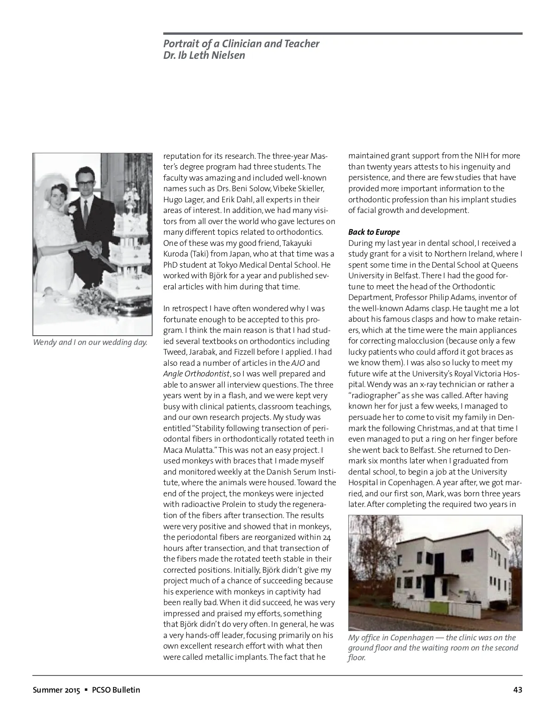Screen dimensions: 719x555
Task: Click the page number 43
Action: click(518, 690)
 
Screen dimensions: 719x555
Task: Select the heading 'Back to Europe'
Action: click(374, 232)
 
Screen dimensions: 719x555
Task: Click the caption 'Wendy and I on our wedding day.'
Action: click(90, 343)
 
